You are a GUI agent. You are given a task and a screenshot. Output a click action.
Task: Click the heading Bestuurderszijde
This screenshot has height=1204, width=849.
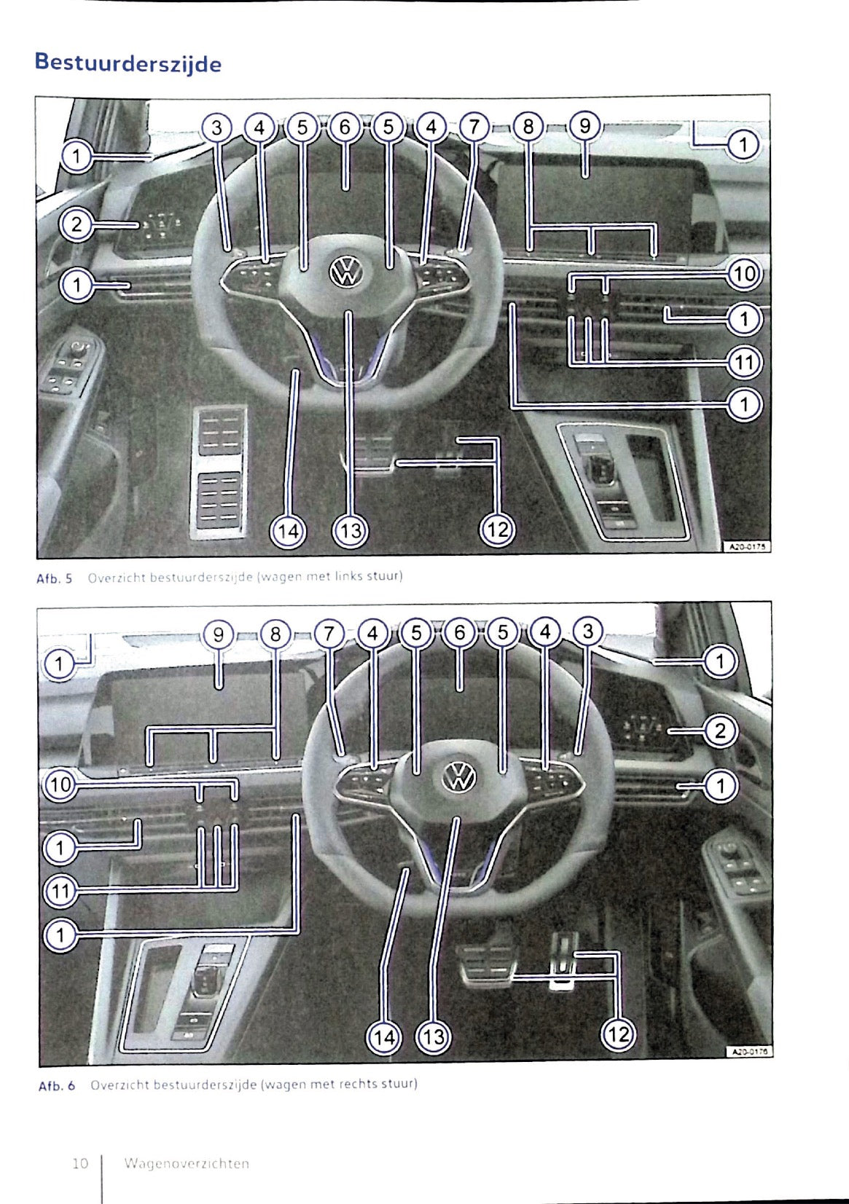coord(128,63)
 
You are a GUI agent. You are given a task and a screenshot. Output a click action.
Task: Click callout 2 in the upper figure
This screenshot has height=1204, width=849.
coord(76,225)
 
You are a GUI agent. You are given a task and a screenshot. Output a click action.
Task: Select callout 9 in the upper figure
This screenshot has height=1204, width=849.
coord(584,127)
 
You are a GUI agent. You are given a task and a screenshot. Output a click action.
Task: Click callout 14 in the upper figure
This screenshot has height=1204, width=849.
coord(289,531)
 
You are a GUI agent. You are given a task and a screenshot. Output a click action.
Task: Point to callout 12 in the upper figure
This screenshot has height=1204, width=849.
coord(497,530)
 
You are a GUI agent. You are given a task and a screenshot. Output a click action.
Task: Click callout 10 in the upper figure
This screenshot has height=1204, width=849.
coord(744,274)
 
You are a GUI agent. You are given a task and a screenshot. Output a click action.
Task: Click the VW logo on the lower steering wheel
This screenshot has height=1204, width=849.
coord(460,777)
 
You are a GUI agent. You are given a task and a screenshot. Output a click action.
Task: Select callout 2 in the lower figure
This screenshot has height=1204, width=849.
coord(720,730)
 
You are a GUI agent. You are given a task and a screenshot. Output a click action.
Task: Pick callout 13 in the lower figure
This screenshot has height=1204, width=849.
coord(433,1036)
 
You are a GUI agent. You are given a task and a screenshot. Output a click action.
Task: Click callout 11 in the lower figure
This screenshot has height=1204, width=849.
coord(60,890)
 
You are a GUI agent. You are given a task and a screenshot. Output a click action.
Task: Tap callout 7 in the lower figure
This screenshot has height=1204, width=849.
coord(329,634)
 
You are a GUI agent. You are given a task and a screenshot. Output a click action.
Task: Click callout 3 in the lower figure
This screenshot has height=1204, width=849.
coord(588,631)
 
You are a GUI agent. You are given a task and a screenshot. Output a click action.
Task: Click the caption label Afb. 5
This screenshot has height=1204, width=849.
coord(55,578)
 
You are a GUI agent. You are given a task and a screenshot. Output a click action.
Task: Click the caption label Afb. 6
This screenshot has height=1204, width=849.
coord(56,1085)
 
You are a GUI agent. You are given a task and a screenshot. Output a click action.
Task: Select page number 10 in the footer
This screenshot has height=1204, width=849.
coord(79,1163)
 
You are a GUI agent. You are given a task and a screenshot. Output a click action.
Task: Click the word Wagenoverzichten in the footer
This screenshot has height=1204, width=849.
coord(187,1163)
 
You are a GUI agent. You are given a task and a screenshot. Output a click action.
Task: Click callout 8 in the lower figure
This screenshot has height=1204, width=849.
coord(275,634)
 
